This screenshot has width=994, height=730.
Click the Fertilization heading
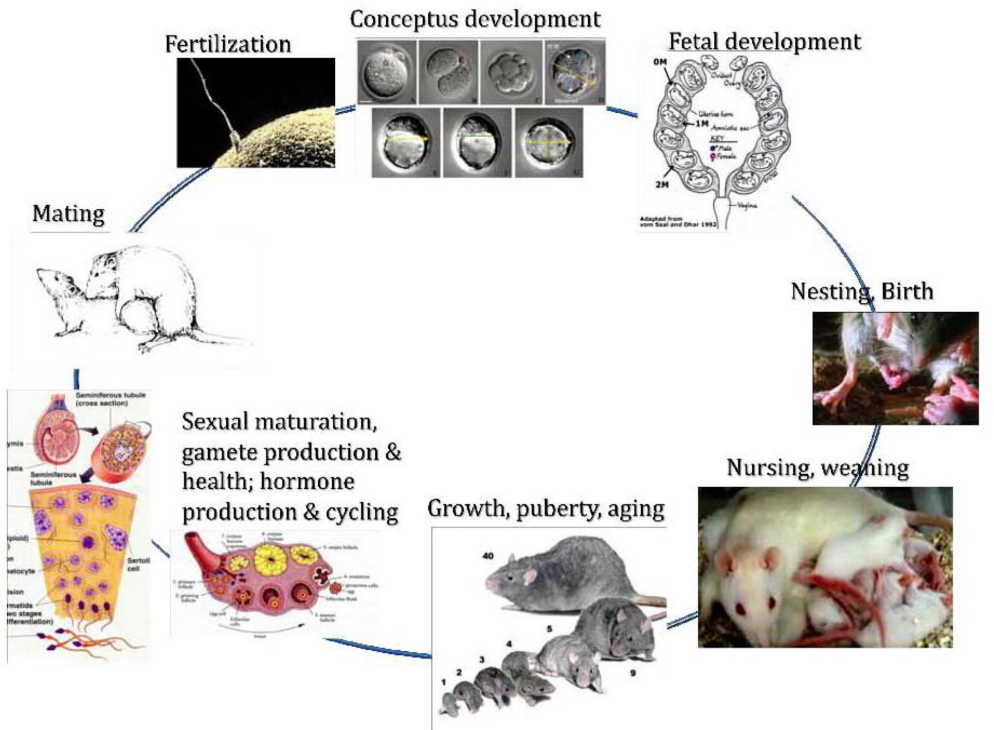[228, 44]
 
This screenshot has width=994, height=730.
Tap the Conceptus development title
[475, 20]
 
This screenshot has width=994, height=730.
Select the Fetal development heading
[764, 42]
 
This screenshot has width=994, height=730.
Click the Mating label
[68, 213]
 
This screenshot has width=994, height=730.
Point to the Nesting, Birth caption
[862, 291]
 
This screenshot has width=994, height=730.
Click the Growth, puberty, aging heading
[546, 509]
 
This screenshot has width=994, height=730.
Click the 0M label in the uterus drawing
[660, 62]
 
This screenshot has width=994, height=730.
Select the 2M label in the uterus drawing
[662, 185]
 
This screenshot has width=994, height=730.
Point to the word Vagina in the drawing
[747, 206]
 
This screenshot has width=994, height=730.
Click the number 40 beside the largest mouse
[488, 556]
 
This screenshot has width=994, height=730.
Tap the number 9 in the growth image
[632, 672]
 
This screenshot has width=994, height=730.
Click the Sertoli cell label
[136, 565]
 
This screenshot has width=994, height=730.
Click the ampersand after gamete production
[393, 452]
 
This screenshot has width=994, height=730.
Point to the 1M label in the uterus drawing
[701, 123]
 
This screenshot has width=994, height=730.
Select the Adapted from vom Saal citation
[678, 222]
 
